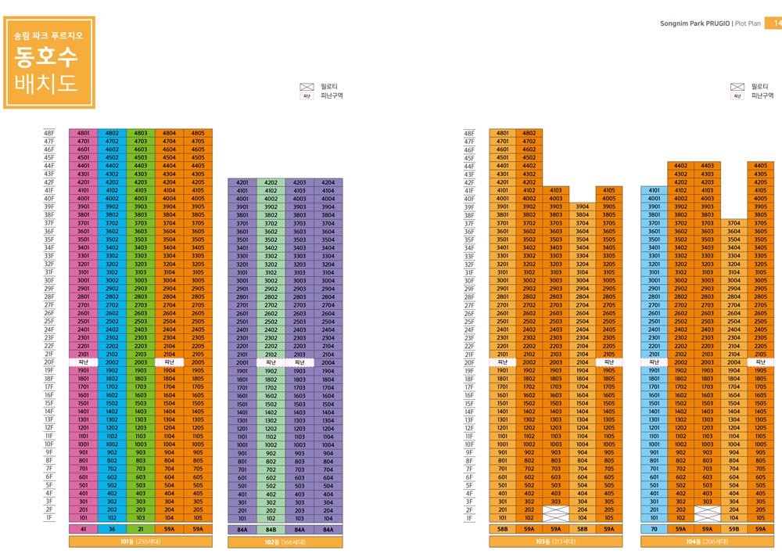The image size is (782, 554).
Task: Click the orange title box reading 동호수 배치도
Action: [49, 62]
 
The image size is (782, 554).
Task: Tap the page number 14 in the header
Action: [776, 23]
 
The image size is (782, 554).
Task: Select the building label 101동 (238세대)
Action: [141, 541]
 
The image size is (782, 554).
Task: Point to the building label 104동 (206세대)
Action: [705, 541]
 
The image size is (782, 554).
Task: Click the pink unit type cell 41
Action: [83, 529]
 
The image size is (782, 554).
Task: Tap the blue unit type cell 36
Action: [112, 529]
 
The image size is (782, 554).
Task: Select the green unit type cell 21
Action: [141, 529]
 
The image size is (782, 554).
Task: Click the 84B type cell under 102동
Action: [271, 529]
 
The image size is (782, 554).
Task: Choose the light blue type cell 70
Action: [654, 529]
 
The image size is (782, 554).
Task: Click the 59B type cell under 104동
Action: [734, 529]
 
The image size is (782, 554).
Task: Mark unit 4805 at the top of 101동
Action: [198, 133]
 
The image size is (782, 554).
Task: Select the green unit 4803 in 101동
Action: [141, 133]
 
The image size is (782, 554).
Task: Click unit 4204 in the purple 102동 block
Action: [328, 182]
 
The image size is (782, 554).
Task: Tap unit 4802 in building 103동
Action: [529, 133]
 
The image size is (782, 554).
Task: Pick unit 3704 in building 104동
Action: [734, 224]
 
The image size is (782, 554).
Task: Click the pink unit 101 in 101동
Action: [83, 518]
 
